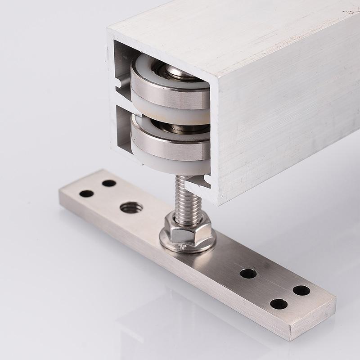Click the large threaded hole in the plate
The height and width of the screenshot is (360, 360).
[x=131, y=207]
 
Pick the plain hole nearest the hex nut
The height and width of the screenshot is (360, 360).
[x=248, y=273]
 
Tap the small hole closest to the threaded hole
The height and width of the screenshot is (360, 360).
[x=109, y=183]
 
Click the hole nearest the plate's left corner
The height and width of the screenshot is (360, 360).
[x=86, y=194]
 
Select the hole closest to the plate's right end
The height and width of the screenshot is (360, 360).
[x=301, y=290]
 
